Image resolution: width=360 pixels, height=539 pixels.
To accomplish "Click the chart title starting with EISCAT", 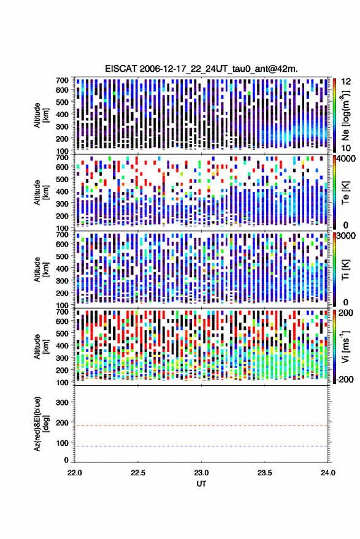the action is [201, 69].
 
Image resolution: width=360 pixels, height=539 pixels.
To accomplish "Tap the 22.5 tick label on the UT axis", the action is [138, 473].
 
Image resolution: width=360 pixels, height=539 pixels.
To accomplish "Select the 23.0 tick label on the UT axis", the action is [201, 473].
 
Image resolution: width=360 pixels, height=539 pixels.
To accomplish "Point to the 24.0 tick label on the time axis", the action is [327, 473].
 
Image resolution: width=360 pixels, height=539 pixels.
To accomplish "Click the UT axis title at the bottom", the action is [201, 484].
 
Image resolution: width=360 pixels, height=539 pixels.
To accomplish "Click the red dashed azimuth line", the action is [201, 426].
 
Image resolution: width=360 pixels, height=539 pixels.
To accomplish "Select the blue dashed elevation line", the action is [201, 446].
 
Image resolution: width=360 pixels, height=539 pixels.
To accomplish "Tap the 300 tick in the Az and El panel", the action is [62, 402].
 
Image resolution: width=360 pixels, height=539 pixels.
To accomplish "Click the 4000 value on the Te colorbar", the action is [346, 159].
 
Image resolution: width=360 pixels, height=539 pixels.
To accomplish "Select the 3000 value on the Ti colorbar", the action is [346, 236].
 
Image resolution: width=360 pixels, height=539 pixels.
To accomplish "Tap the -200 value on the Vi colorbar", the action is [345, 379].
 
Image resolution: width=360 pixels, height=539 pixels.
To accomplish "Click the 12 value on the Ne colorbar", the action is [347, 82].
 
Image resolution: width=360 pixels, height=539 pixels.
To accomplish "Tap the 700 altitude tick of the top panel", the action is [62, 80].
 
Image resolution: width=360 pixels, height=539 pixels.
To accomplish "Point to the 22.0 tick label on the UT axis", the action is [75, 473].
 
